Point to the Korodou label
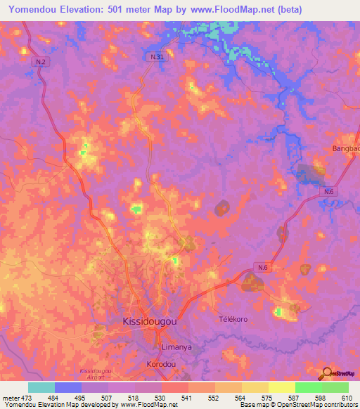click(162, 364)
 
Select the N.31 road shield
click(157, 56)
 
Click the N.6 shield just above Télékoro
click(262, 267)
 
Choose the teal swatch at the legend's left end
click(41, 387)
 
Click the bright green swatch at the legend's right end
click(335, 387)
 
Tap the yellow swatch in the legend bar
click(281, 387)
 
